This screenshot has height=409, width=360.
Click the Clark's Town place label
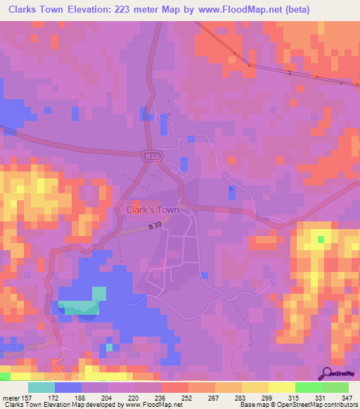click(x=152, y=209)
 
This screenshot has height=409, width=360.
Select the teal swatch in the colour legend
click(x=41, y=387)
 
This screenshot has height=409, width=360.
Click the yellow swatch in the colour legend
click(x=281, y=387)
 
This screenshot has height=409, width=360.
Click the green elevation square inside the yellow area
click(x=321, y=240)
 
